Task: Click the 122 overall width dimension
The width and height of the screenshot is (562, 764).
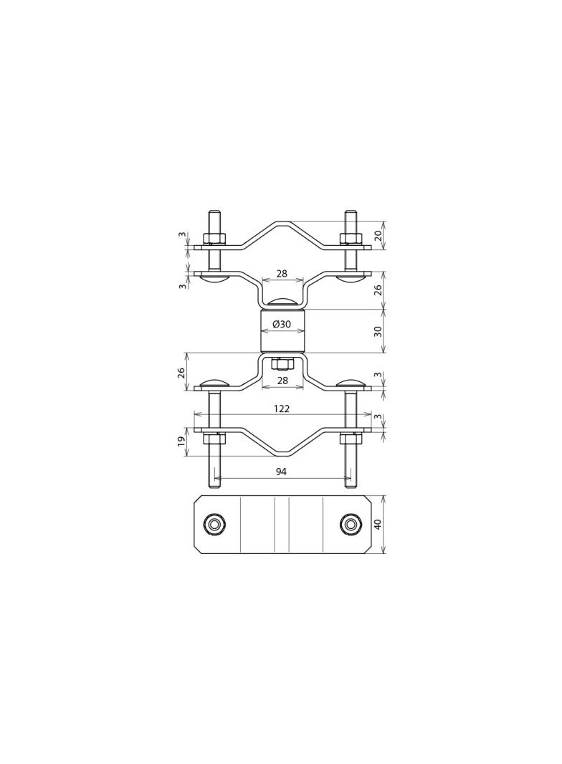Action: (x=282, y=409)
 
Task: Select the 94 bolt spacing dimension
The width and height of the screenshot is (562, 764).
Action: (x=282, y=472)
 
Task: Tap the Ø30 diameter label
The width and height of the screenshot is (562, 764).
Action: (x=282, y=325)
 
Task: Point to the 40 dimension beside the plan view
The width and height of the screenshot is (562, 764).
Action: (x=378, y=524)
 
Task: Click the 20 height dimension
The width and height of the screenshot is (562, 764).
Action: (x=378, y=235)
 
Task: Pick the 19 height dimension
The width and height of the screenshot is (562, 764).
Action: (x=181, y=441)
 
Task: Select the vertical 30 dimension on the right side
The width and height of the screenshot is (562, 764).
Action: (x=378, y=331)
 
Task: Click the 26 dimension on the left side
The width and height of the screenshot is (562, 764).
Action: (x=181, y=373)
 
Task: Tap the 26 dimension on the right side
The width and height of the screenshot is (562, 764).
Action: (x=378, y=290)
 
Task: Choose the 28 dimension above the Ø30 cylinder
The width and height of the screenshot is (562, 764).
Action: (x=282, y=274)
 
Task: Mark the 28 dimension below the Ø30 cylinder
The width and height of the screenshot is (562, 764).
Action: (x=282, y=381)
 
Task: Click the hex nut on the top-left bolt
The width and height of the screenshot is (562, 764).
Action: (x=214, y=239)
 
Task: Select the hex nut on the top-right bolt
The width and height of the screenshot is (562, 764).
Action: (x=351, y=239)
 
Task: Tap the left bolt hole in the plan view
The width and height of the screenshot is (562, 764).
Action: (x=214, y=524)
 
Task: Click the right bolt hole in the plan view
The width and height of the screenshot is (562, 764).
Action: (x=351, y=524)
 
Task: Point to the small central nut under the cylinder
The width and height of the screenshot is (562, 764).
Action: (x=282, y=363)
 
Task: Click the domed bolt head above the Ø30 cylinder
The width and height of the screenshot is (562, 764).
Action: (x=282, y=303)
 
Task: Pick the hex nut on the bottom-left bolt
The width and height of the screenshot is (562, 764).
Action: (x=214, y=438)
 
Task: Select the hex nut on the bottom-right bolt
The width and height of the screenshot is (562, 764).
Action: (x=351, y=438)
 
